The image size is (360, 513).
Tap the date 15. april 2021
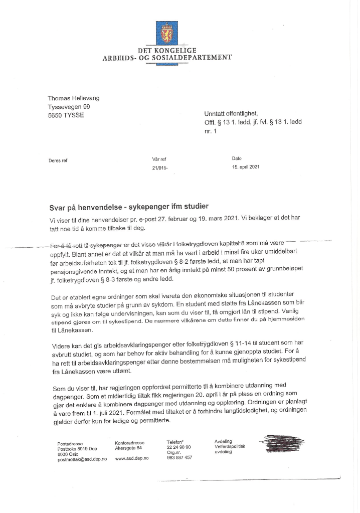[x=246, y=167]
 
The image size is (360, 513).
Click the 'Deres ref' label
[x=58, y=160]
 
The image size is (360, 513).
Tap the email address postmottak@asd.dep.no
[x=82, y=459]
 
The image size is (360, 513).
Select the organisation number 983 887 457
[x=179, y=457]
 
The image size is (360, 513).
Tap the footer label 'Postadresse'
[x=69, y=444]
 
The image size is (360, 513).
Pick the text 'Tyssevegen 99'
[x=69, y=107]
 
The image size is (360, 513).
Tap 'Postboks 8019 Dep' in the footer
[x=76, y=449]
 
